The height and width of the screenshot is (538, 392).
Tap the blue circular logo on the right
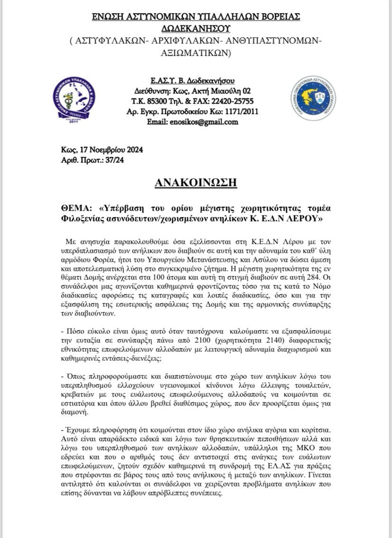(313, 98)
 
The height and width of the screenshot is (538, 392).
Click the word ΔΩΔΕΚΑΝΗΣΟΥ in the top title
(195, 29)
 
